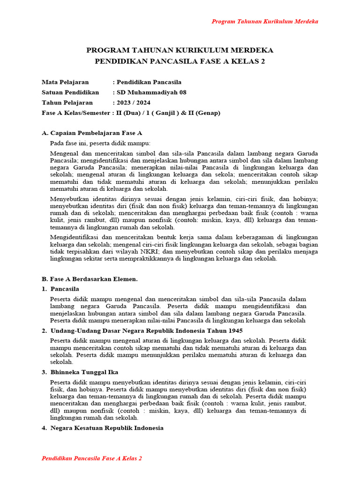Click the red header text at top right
pos(265,22)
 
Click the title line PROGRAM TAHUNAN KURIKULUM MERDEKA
pos(180,50)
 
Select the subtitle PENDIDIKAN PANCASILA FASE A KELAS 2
pos(180,61)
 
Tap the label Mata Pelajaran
pos(65,82)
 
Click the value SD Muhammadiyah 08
pos(151,92)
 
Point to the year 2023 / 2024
pos(133,103)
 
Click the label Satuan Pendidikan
pos(70,92)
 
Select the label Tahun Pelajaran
pos(67,103)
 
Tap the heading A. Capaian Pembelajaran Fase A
pos(92,133)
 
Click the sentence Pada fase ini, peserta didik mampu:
pos(100,143)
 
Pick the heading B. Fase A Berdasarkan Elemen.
pos(90,279)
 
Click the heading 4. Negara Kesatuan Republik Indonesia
pos(103,428)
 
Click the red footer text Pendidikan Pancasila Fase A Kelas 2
pos(92,458)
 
